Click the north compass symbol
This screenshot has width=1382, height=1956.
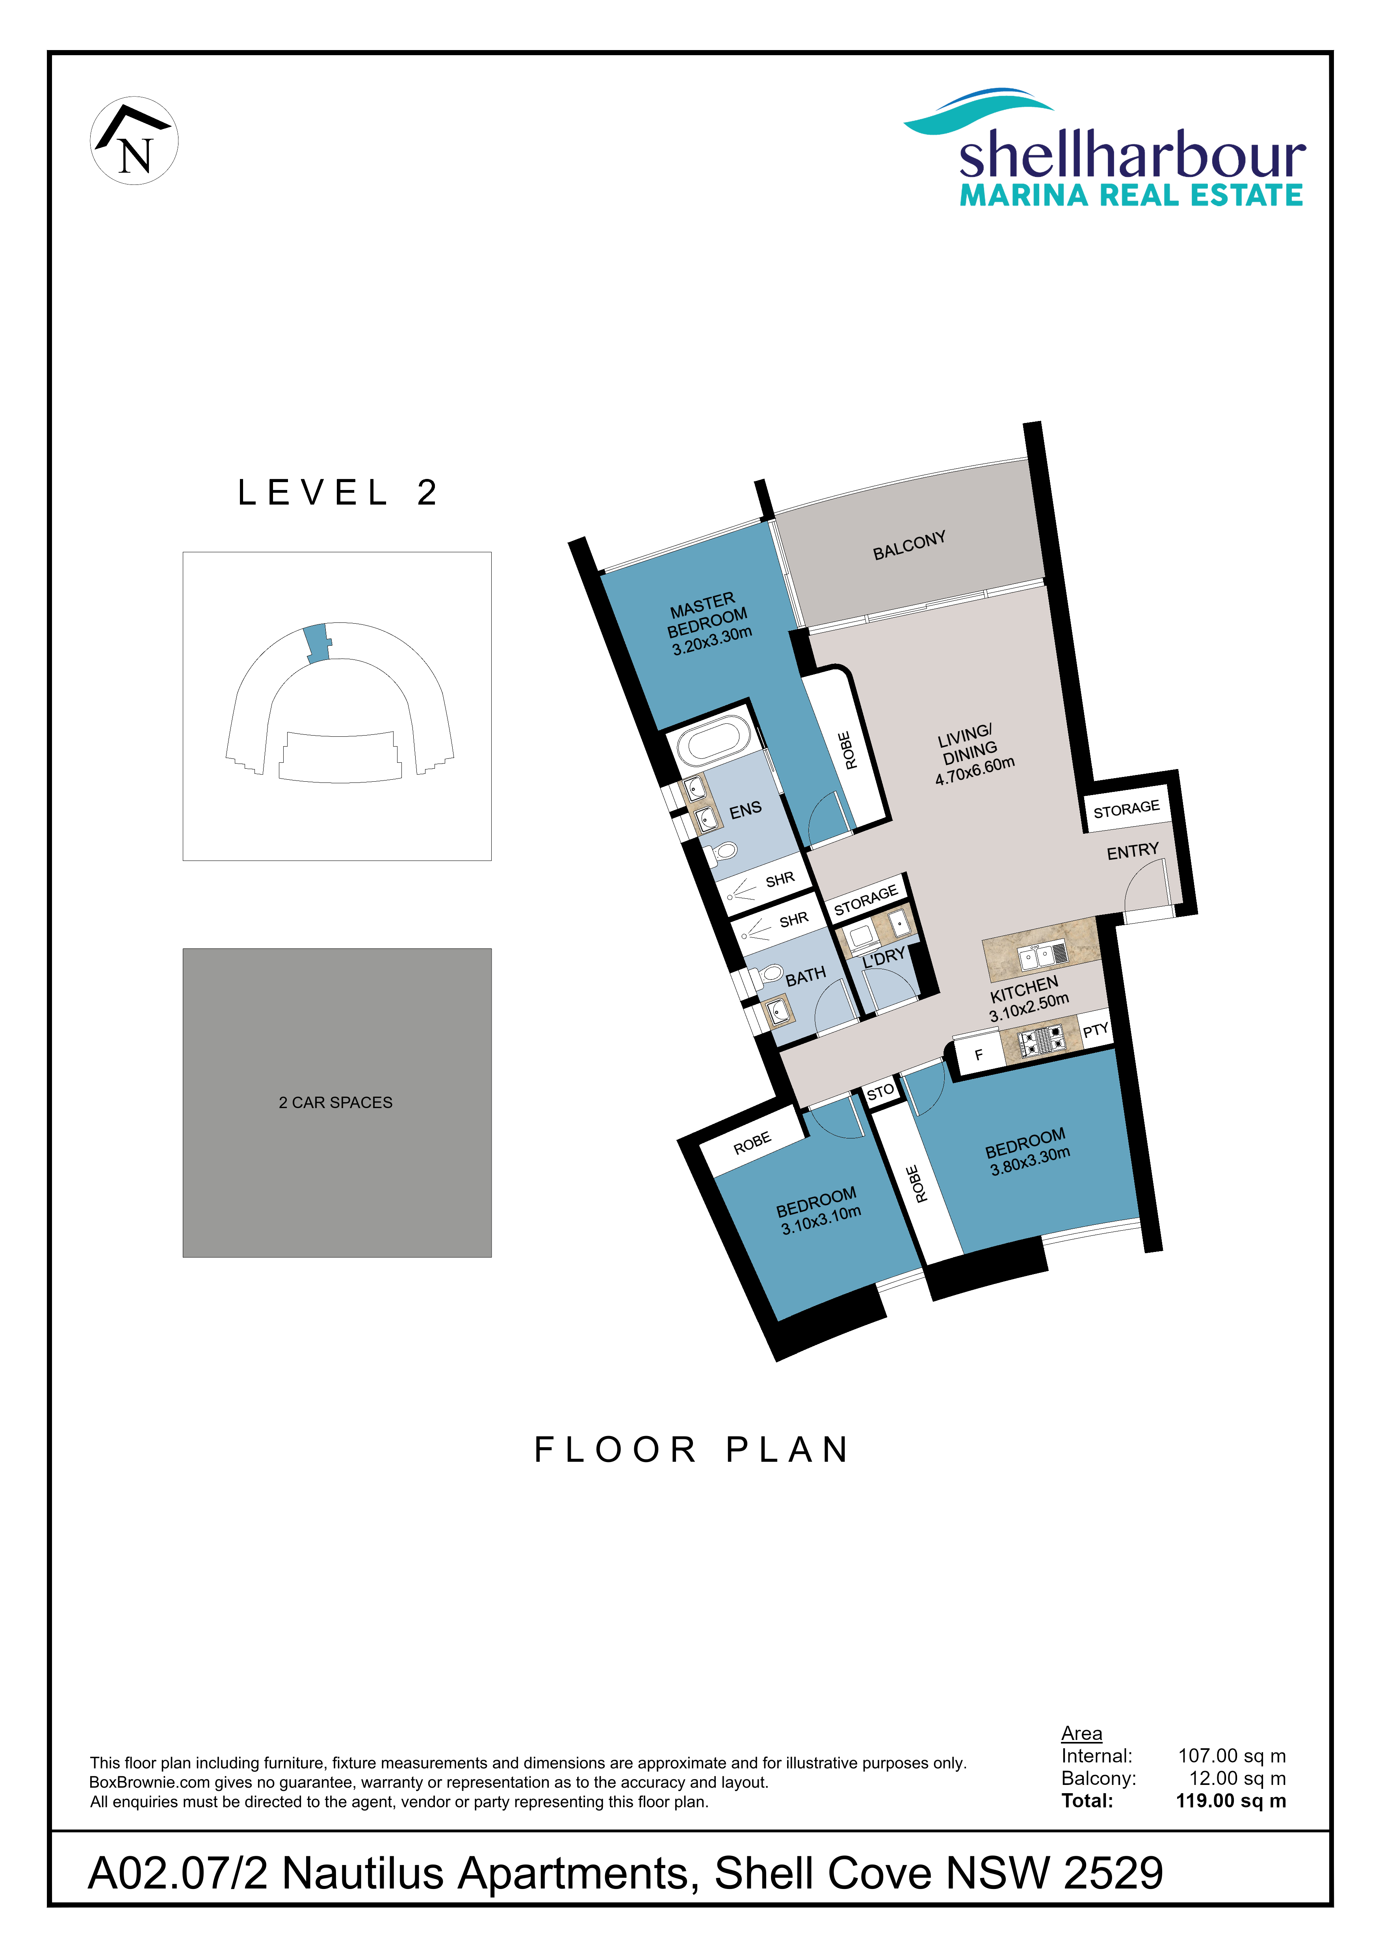134,141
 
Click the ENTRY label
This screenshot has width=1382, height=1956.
1133,851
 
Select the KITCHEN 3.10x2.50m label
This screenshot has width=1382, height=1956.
1027,998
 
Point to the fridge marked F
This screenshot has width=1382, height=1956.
977,1055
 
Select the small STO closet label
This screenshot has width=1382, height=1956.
880,1091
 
